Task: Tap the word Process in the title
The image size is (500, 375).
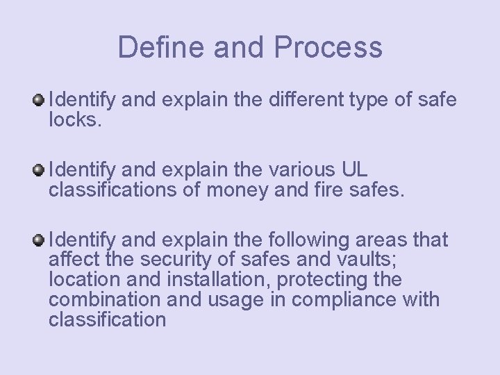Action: tap(328, 47)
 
